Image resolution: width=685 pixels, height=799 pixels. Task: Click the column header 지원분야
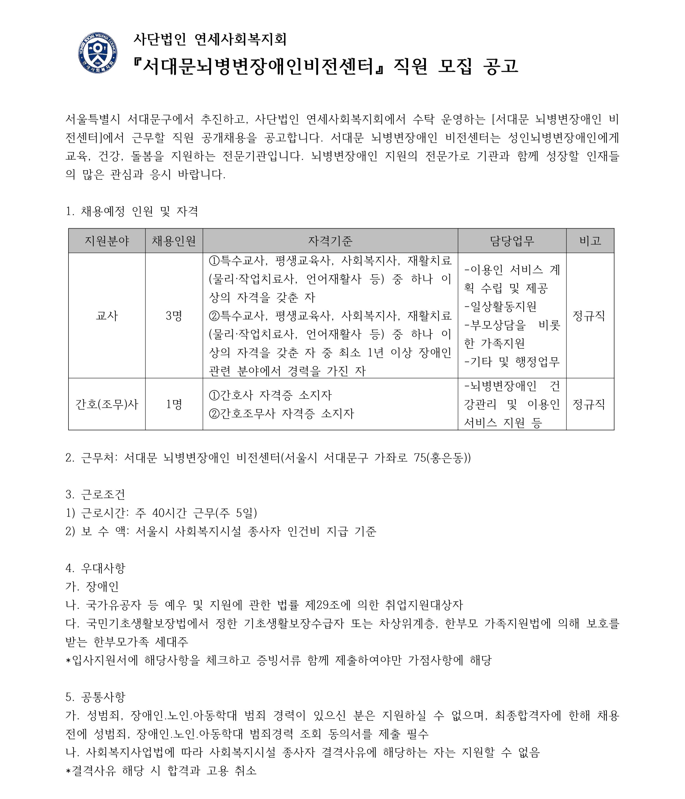[107, 241]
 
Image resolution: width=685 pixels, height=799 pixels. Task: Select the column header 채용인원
[174, 241]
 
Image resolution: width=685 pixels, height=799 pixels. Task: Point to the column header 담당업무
[512, 241]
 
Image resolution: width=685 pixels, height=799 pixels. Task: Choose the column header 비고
[590, 241]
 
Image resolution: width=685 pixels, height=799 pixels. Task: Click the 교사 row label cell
[107, 316]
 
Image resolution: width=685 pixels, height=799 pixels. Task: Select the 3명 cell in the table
[174, 316]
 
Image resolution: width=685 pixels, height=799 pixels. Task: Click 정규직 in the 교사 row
[589, 316]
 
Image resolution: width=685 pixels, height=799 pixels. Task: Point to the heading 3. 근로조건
[95, 494]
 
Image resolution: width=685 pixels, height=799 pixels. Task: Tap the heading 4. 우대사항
[95, 568]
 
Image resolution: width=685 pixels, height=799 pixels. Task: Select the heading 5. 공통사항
[95, 697]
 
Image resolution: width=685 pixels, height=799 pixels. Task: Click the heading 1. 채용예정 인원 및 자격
[132, 211]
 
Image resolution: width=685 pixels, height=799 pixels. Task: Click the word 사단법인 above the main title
[160, 39]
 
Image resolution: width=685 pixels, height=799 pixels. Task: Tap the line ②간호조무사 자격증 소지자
[281, 414]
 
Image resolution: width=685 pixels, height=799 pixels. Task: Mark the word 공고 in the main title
[500, 66]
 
